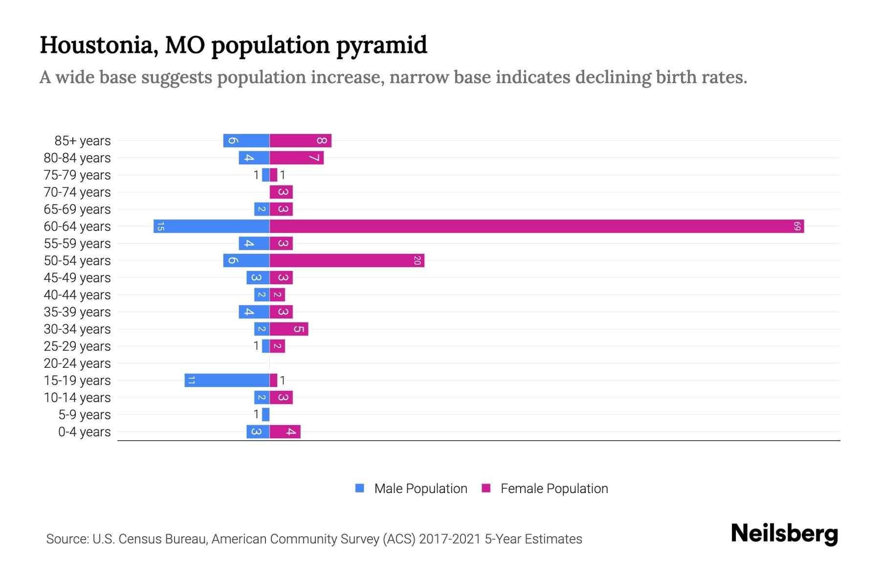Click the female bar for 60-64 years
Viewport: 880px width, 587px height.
tap(536, 226)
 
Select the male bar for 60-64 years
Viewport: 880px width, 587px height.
tap(211, 226)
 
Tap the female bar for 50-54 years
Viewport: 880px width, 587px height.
tap(347, 260)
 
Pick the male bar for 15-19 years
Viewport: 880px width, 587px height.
tap(227, 380)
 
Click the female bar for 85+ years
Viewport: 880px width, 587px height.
tap(300, 140)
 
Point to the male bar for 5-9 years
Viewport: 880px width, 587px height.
tap(265, 414)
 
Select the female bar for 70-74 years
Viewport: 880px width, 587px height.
tap(281, 192)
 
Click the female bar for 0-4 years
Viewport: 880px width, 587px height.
tap(285, 431)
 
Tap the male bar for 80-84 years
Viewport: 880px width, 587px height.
tap(254, 158)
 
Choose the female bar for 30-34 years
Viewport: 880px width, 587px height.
tap(288, 329)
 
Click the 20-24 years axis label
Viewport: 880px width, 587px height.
tap(77, 363)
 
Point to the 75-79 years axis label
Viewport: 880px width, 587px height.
tap(77, 175)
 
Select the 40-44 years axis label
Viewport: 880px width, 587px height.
tap(77, 294)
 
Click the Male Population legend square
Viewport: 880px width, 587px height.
tap(360, 488)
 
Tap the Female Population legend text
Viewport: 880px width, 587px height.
tap(554, 488)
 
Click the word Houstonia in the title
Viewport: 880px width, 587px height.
tap(98, 45)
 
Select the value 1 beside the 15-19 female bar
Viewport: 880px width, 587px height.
tap(283, 380)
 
